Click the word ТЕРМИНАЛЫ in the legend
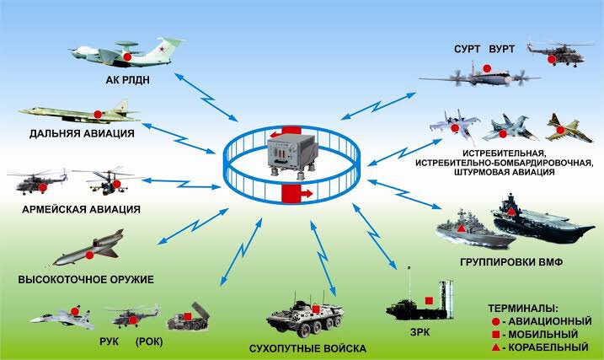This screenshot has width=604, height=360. pyautogui.click(x=524, y=309)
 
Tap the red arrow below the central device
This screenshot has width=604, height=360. pyautogui.click(x=293, y=196)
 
